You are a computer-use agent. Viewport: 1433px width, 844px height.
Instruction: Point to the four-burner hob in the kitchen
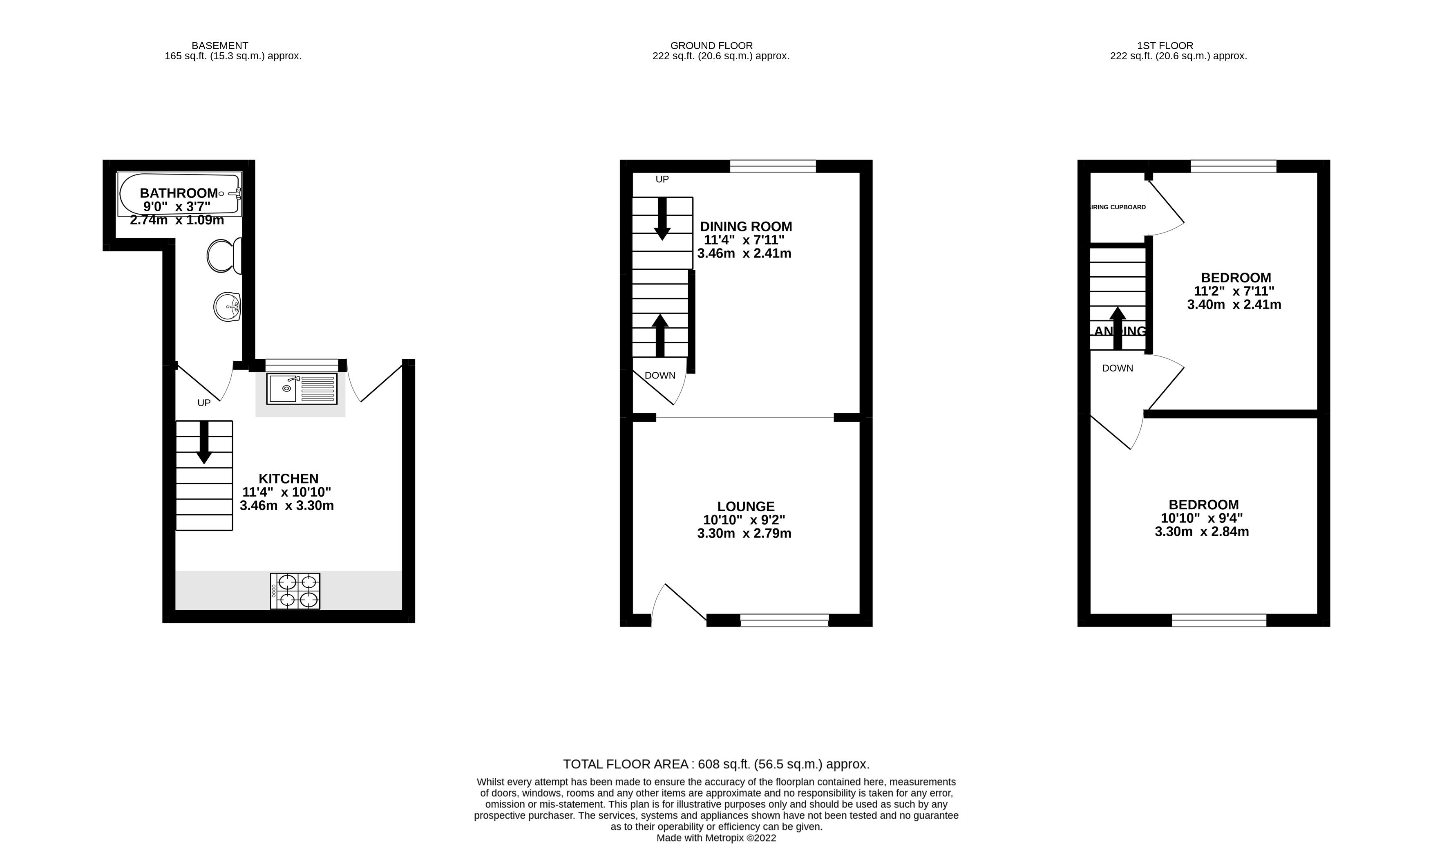(295, 591)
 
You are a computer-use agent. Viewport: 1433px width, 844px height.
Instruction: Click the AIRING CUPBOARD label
(1118, 207)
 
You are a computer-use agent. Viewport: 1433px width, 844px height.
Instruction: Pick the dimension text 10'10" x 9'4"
(1202, 518)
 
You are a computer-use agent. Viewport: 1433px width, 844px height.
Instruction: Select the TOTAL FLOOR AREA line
(716, 764)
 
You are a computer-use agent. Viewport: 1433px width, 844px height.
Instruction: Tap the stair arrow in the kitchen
(203, 443)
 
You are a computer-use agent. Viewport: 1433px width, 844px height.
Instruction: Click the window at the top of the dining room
(772, 166)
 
